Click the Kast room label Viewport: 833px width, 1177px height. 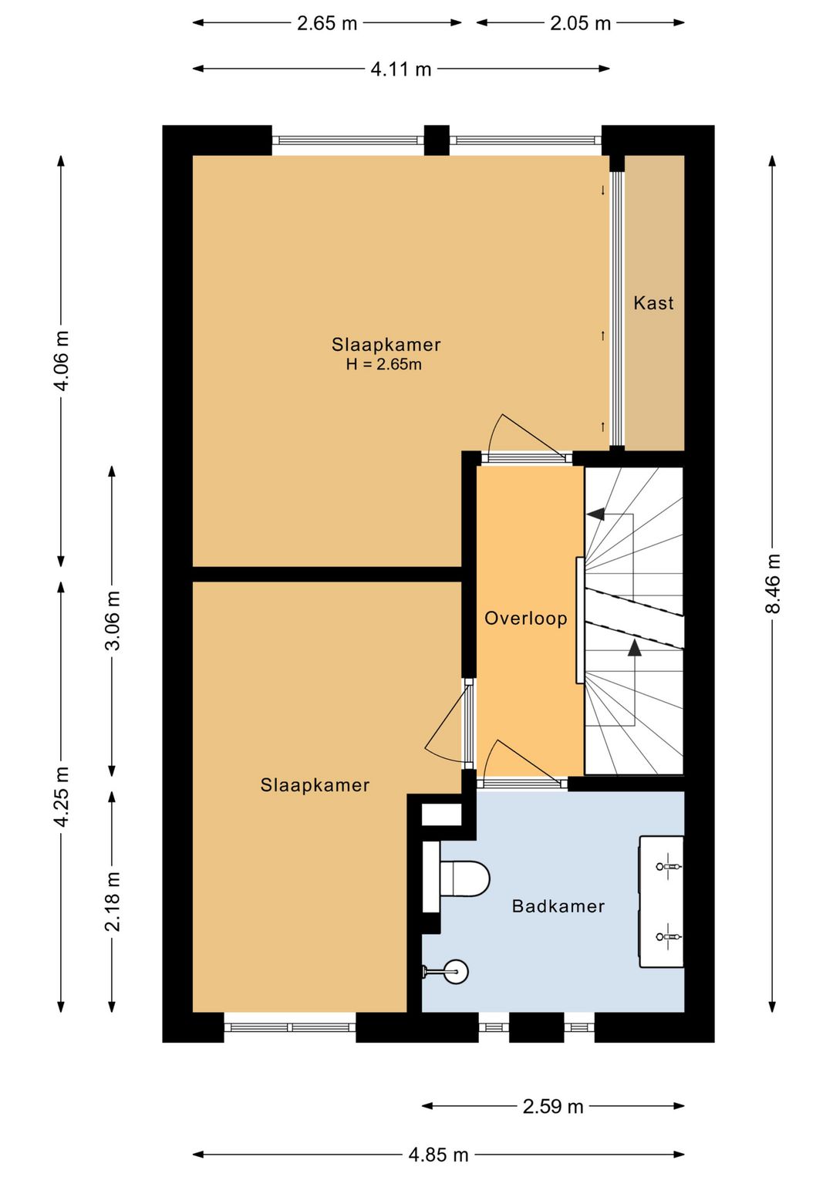[x=653, y=302]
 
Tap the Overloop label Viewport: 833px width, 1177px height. [x=525, y=619]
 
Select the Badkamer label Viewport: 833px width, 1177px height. [x=558, y=906]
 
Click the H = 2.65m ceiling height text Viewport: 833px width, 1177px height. [x=383, y=364]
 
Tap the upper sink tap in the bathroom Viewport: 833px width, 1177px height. [x=668, y=865]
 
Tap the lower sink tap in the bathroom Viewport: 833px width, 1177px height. [x=668, y=937]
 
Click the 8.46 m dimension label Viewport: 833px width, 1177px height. [x=772, y=583]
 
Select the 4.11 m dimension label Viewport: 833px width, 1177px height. [x=401, y=69]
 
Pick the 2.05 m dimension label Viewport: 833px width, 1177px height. [x=581, y=23]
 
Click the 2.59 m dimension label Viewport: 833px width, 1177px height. [x=553, y=1107]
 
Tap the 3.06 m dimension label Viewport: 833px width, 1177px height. [x=113, y=620]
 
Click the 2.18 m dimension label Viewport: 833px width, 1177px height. [x=113, y=901]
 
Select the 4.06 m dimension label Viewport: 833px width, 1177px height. [x=62, y=360]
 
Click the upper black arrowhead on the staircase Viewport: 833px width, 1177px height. [x=595, y=514]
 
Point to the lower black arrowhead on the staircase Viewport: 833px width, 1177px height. [x=635, y=647]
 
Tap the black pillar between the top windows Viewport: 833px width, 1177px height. [x=437, y=140]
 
